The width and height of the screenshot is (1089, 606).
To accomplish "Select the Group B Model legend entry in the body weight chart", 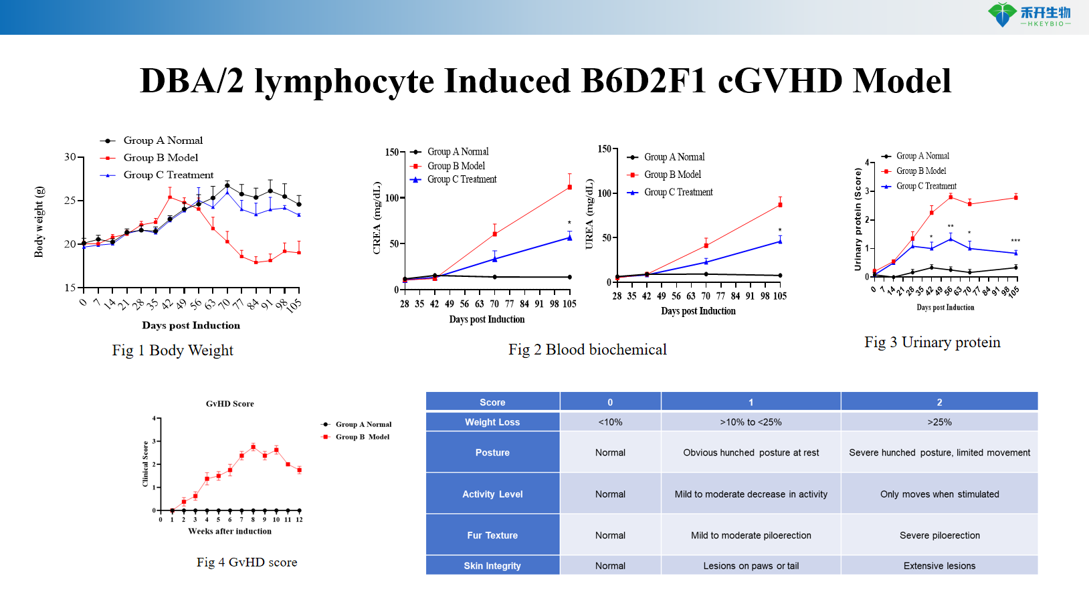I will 161,158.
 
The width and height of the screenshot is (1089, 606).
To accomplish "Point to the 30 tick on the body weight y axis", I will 70,157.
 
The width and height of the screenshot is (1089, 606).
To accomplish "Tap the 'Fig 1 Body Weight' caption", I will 173,350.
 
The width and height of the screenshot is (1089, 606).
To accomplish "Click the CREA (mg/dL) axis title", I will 377,218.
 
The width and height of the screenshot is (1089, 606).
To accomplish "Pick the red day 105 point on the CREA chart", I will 570,187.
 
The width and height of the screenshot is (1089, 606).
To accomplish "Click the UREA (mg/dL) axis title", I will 589,214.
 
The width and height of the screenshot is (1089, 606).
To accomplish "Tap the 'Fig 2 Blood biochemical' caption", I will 587,350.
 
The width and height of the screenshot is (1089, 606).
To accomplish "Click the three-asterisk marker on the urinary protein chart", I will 1015,241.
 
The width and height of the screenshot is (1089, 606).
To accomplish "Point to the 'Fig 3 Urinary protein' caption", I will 932,342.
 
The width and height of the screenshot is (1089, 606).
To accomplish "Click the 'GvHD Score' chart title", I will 229,404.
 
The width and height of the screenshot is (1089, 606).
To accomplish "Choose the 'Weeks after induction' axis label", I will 229,531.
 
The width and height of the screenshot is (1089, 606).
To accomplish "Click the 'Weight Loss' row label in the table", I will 492,422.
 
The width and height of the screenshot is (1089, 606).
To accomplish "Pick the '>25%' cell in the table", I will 939,422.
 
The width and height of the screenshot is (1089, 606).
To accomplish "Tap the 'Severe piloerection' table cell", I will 939,535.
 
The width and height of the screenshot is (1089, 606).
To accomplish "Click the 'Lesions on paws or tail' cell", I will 751,566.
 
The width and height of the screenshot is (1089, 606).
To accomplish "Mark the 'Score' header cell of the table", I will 492,402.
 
